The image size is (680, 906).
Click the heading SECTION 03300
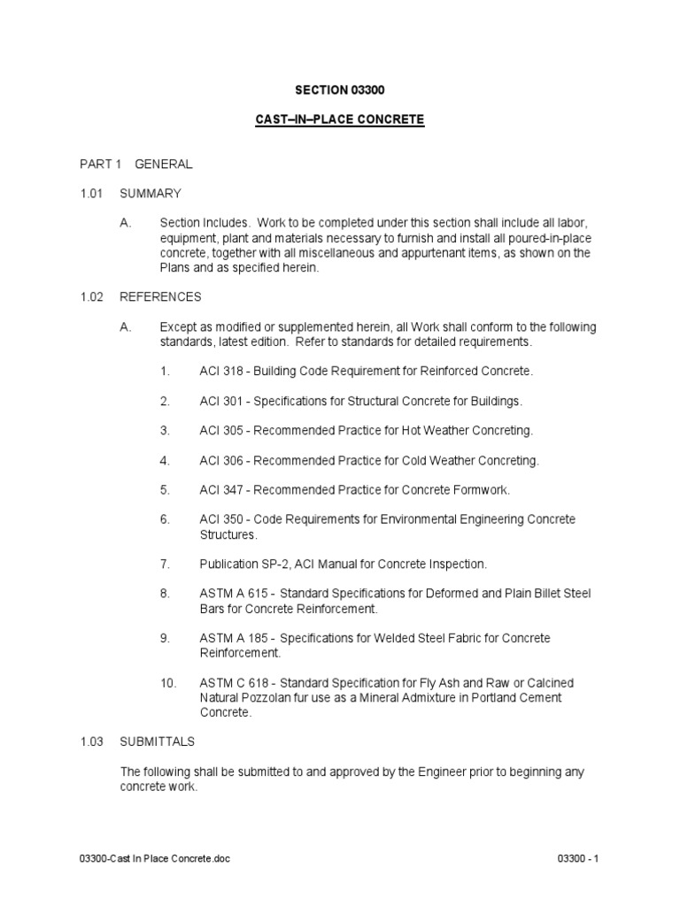pyautogui.click(x=340, y=90)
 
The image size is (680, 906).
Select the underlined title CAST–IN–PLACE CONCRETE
pyautogui.click(x=340, y=119)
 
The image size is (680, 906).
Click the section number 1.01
pyautogui.click(x=92, y=193)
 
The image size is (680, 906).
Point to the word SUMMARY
pyautogui.click(x=151, y=193)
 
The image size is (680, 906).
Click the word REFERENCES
pyautogui.click(x=161, y=297)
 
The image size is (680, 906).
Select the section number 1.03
pyautogui.click(x=92, y=741)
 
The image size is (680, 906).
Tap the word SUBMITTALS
pyautogui.click(x=158, y=741)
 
